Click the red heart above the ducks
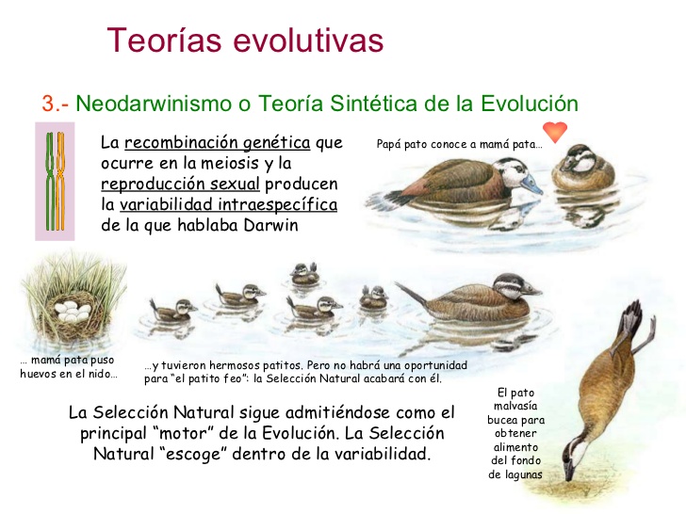click(554, 131)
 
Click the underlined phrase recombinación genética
click(218, 143)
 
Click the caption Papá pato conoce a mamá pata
click(459, 145)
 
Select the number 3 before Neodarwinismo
click(47, 103)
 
